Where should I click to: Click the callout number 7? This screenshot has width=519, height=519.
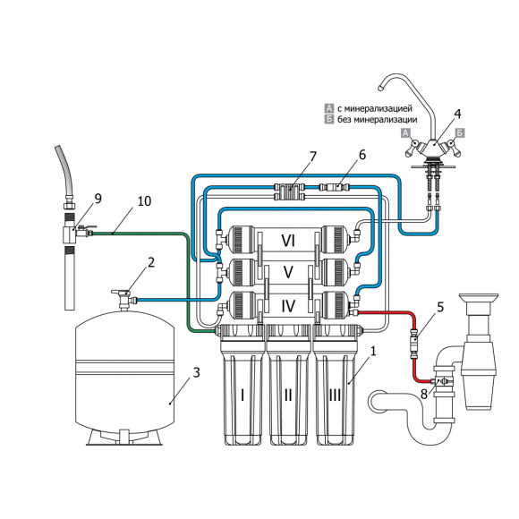click(312, 157)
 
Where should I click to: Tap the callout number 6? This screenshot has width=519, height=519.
click(362, 155)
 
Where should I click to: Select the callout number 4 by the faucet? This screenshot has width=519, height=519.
click(457, 114)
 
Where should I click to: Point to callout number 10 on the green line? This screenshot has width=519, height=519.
click(144, 201)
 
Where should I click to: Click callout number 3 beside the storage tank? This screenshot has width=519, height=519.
click(197, 373)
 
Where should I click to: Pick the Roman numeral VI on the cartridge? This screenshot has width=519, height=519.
click(288, 241)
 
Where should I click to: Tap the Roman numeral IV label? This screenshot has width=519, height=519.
click(288, 306)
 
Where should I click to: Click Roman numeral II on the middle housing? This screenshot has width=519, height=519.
click(288, 395)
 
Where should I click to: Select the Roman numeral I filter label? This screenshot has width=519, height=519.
click(242, 395)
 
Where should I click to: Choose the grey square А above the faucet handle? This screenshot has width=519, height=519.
click(405, 133)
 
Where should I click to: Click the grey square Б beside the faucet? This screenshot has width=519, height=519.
click(460, 132)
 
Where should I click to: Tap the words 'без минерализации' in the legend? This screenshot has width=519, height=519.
click(378, 120)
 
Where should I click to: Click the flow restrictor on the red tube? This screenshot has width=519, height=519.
click(414, 344)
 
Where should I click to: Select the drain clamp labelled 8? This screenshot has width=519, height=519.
click(444, 381)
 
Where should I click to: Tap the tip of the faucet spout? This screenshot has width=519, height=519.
click(380, 89)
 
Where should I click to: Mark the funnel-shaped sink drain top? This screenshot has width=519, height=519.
click(479, 299)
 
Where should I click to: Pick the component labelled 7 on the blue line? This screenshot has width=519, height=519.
click(289, 192)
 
